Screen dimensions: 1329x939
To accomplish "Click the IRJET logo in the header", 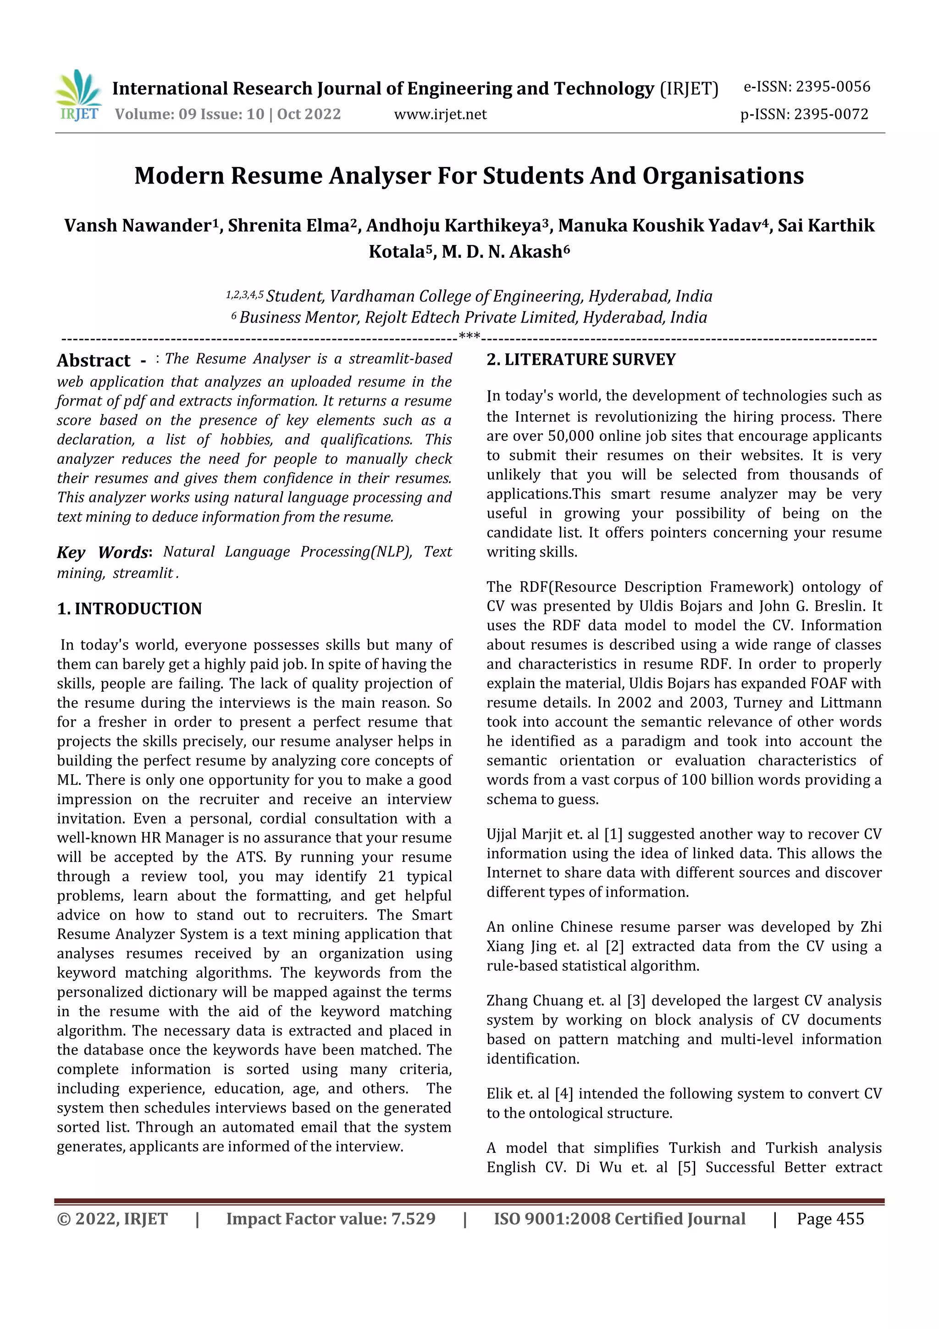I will pos(79,95).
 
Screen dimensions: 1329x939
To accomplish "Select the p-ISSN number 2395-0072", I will pos(831,115).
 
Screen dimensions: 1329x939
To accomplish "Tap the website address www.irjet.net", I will pos(440,115).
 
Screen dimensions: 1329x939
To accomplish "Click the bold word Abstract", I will pos(94,361).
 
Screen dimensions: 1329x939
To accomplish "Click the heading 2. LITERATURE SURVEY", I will pos(580,360).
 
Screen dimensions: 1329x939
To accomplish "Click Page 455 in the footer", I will pos(830,1219).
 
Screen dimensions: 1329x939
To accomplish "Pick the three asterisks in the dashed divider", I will pos(469,336).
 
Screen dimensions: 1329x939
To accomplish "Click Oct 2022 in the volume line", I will pos(309,115).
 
